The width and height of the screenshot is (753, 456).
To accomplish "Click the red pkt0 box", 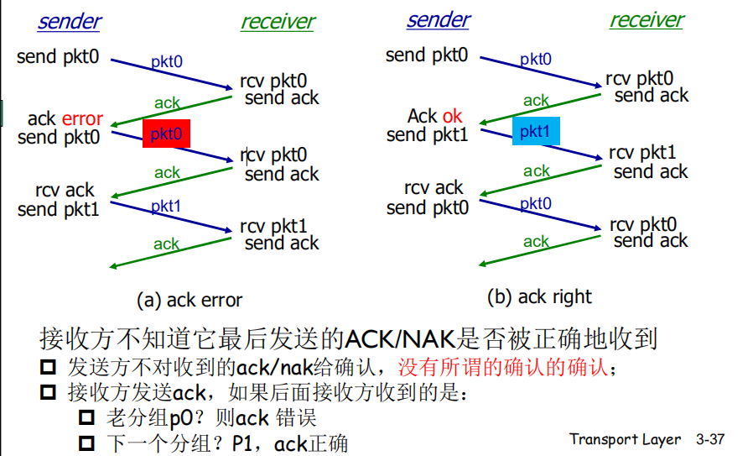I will click(x=166, y=134).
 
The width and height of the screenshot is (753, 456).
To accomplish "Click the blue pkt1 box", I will click(x=535, y=131).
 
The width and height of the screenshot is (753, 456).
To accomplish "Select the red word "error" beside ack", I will click(x=82, y=119).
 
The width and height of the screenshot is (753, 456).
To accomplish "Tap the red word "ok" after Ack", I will click(x=452, y=117).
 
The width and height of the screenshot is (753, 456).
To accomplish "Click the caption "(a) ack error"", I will click(x=190, y=300).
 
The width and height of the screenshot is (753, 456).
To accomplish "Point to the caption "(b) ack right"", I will click(x=539, y=296).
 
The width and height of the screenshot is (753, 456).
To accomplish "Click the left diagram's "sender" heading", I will click(x=69, y=21).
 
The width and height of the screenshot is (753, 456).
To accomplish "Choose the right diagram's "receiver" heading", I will click(x=647, y=19).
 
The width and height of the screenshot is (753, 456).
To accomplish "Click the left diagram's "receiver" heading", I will click(x=278, y=22).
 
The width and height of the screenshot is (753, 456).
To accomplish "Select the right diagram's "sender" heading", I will click(x=438, y=19).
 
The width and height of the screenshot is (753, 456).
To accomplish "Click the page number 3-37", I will click(x=709, y=439).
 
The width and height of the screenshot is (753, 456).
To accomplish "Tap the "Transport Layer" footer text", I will click(x=625, y=439).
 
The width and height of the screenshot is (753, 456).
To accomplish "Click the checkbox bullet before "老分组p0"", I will click(x=87, y=417).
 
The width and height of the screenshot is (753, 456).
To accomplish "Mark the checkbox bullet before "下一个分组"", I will click(x=87, y=443).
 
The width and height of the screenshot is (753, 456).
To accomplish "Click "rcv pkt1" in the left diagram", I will click(x=273, y=226).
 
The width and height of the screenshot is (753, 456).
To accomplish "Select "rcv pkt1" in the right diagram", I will click(x=642, y=153).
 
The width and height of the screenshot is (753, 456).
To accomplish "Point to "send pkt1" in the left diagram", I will click(x=59, y=209).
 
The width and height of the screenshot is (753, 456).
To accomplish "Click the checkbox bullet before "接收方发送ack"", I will click(x=49, y=392).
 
